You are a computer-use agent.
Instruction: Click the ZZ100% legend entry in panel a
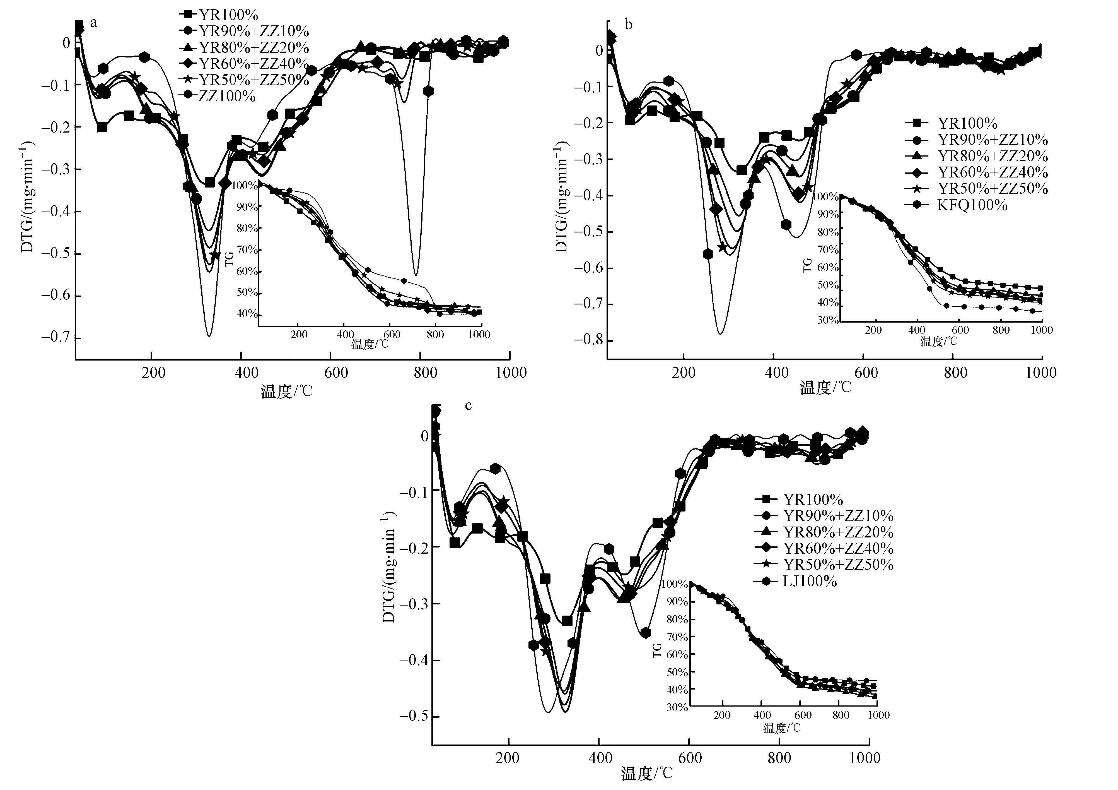point(226,96)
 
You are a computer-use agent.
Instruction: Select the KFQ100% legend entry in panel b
point(971,205)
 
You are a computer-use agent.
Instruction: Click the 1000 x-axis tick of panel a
point(511,373)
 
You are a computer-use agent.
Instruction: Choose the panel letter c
point(469,405)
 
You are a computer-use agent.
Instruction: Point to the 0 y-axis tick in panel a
point(66,43)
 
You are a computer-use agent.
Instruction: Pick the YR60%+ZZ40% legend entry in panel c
point(837,548)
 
